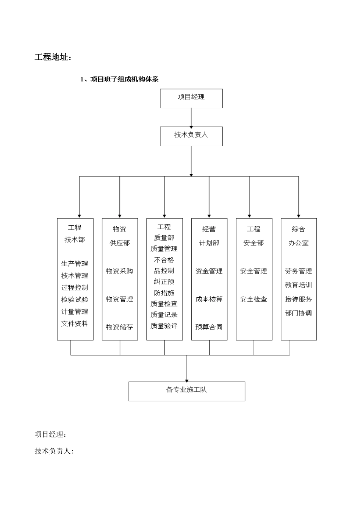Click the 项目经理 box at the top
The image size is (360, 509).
(x=191, y=98)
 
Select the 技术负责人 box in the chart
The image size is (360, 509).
(x=191, y=136)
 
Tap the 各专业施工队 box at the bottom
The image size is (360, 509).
(x=186, y=391)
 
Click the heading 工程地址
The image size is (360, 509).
(x=53, y=58)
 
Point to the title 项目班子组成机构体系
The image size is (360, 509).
(x=119, y=80)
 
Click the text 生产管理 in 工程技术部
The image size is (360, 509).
(x=75, y=264)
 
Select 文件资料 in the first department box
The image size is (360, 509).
(x=75, y=324)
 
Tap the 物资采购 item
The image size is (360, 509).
(x=119, y=271)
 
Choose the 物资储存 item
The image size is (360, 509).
(x=119, y=327)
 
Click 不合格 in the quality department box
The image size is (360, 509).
(x=164, y=260)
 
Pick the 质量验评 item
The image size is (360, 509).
(x=164, y=326)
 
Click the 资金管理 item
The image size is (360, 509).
(x=209, y=271)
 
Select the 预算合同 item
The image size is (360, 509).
(x=209, y=327)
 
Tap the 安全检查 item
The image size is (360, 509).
(x=254, y=299)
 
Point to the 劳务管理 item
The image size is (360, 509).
(x=298, y=271)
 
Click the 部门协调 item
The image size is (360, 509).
(x=298, y=313)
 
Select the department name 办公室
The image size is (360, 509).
(x=298, y=243)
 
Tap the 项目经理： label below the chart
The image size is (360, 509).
(x=50, y=434)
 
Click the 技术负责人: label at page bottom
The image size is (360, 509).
(x=54, y=451)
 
